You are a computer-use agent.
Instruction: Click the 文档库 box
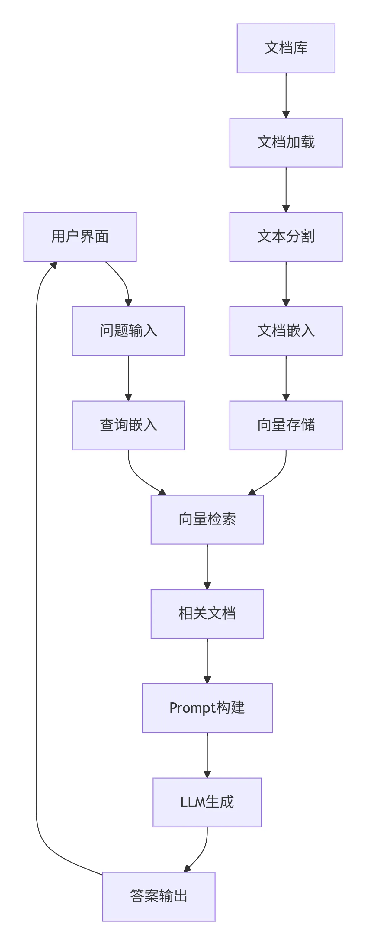(286, 48)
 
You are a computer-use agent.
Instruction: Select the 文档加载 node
(286, 142)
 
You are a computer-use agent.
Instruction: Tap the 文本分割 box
(286, 237)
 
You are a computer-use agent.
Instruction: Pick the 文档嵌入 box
(286, 331)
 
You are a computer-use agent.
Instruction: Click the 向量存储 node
(286, 425)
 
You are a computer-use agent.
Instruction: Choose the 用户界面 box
(80, 237)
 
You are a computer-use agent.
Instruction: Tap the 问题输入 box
(128, 331)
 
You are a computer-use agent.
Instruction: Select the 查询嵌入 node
(128, 425)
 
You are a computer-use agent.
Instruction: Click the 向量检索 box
(207, 519)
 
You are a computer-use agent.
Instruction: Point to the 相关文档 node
(207, 614)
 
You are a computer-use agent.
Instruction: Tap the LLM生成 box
(207, 802)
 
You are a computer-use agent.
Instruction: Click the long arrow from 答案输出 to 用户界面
(36, 550)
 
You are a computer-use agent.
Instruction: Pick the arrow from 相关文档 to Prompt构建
(207, 660)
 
